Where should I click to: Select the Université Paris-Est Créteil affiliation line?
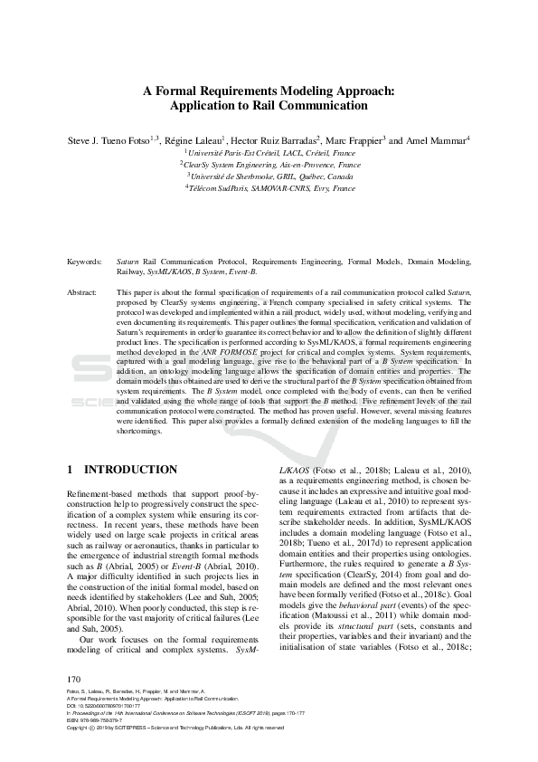point(269,154)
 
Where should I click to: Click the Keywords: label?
point(85,261)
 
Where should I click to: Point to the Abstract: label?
point(82,294)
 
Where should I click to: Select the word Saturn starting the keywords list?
point(128,261)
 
